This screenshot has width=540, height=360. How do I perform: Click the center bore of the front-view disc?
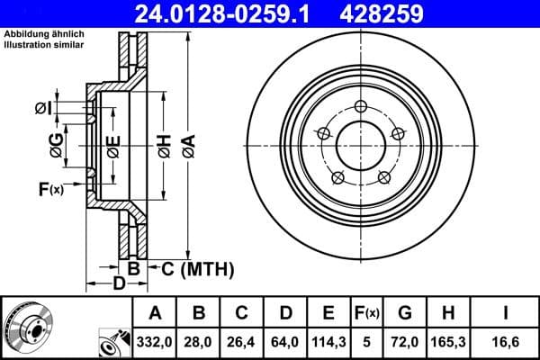pyautogui.click(x=360, y=144)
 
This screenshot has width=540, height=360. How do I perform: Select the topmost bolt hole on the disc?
pyautogui.click(x=360, y=108)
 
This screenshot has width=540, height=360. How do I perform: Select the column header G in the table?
pyautogui.click(x=405, y=313)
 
